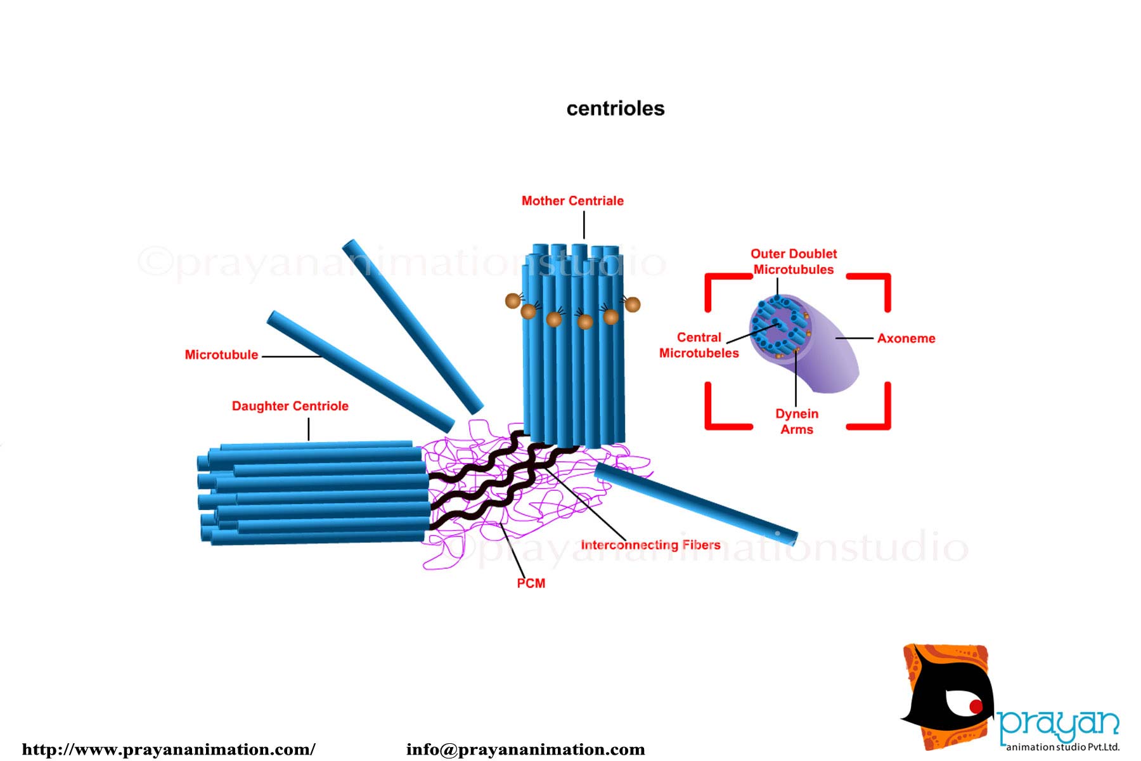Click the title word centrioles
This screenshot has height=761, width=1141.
click(615, 108)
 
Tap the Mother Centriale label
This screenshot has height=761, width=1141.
click(572, 201)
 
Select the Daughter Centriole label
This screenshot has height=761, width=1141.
click(290, 406)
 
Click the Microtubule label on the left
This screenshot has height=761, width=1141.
click(221, 355)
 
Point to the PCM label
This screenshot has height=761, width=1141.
click(531, 583)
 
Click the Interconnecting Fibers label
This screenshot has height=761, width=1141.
click(650, 545)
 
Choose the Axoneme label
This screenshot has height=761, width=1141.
click(906, 339)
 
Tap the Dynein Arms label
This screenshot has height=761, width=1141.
click(797, 422)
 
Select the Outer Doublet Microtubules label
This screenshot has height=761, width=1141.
click(794, 261)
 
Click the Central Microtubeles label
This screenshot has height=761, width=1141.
click(699, 345)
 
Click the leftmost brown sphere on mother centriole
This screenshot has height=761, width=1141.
click(513, 301)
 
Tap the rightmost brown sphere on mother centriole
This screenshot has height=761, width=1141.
click(632, 304)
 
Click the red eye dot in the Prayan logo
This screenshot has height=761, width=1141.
click(975, 706)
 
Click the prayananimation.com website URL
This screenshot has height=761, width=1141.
click(169, 750)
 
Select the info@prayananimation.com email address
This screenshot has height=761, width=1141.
click(525, 750)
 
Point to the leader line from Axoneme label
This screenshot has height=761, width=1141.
click(854, 339)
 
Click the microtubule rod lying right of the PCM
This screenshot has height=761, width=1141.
click(695, 504)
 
